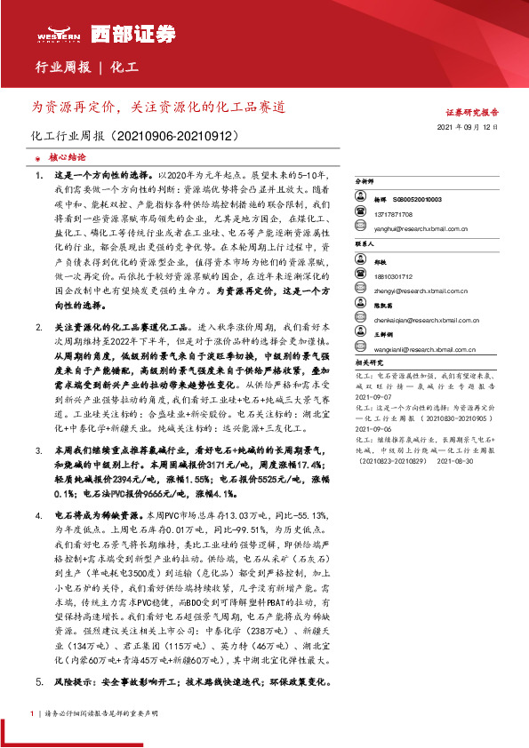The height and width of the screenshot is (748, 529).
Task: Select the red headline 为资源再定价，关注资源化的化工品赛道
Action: [158, 107]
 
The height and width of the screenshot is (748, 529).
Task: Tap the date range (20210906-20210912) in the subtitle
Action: [172, 138]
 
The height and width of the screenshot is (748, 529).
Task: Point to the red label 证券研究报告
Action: [471, 113]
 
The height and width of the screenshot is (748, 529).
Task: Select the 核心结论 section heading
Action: [68, 155]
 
